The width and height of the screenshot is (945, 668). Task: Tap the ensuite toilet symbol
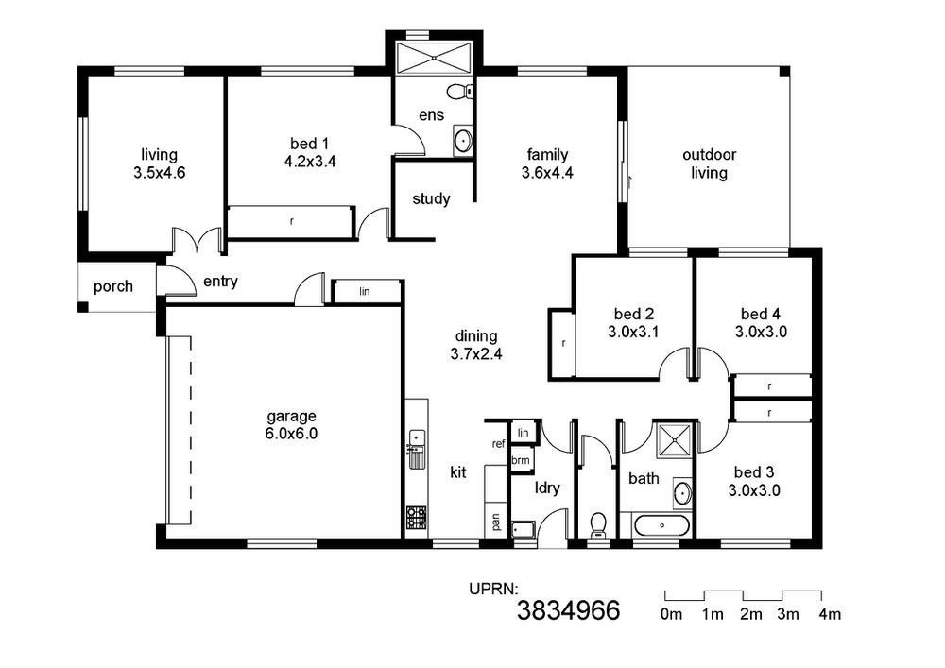click(460, 92)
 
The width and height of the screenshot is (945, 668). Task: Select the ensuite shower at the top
click(434, 58)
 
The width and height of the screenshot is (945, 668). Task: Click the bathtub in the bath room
click(661, 525)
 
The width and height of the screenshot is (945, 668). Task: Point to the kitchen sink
click(417, 450)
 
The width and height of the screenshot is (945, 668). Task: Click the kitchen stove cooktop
click(417, 518)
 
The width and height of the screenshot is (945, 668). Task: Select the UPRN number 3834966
click(568, 610)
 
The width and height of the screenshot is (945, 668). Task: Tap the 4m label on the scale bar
click(830, 614)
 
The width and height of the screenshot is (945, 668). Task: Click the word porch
click(113, 286)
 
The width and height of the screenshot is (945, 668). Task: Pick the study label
click(431, 198)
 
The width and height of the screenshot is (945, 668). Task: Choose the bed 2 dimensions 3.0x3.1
click(633, 332)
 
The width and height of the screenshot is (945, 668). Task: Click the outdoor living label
click(710, 163)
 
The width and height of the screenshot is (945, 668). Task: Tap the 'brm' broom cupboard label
click(520, 460)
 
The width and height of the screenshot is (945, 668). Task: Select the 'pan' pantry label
click(496, 521)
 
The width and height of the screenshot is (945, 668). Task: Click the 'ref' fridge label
click(498, 444)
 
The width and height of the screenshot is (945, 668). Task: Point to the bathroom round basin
click(682, 492)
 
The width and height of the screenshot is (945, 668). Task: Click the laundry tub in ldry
click(523, 529)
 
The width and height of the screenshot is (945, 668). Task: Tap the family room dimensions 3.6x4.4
click(547, 173)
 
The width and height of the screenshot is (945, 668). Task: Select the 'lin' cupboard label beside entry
click(365, 292)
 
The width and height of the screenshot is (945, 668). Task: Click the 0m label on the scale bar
click(671, 614)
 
